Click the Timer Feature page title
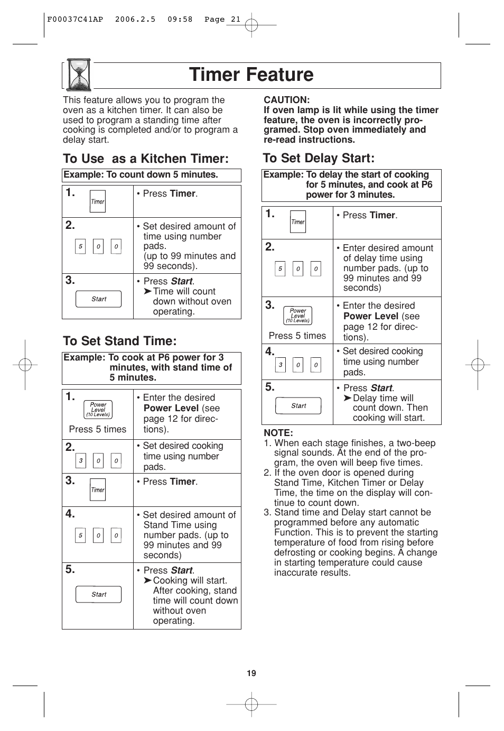(x=251, y=75)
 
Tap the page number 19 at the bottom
(x=251, y=673)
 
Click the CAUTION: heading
(x=287, y=100)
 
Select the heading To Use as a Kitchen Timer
(x=146, y=159)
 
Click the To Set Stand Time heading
(x=119, y=341)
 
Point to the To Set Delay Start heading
(x=319, y=158)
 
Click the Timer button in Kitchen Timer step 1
(x=98, y=201)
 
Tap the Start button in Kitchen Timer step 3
(x=99, y=299)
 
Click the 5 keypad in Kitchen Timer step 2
(x=80, y=246)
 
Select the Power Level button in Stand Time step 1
(x=98, y=410)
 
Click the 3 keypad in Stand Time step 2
(x=80, y=461)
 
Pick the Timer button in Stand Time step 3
(x=98, y=490)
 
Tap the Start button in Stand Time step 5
(x=99, y=595)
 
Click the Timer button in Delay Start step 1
(x=298, y=222)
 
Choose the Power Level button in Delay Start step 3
(x=298, y=316)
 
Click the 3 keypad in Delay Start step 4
(x=281, y=365)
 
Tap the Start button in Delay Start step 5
(x=298, y=406)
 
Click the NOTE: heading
(x=278, y=433)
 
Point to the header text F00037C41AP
(x=75, y=20)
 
